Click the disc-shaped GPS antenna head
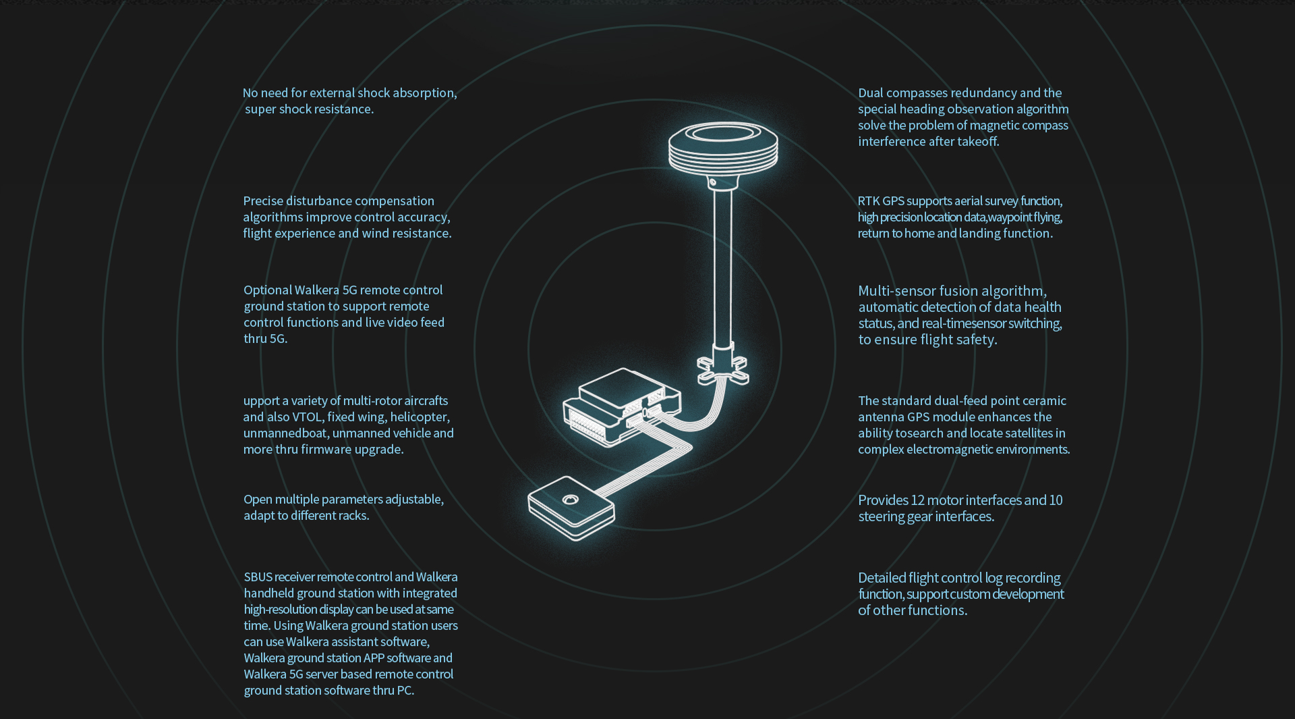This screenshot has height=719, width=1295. click(723, 147)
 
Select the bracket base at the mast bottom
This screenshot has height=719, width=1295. click(722, 368)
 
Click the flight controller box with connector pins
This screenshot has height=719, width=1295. click(622, 406)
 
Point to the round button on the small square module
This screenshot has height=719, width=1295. click(570, 500)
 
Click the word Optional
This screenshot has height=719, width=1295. click(268, 290)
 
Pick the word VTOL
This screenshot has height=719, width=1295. click(307, 417)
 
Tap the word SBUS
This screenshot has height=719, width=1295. click(258, 577)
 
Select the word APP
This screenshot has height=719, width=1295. click(374, 658)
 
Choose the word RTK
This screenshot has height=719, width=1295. click(868, 201)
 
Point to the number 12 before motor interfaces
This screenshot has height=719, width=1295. click(917, 500)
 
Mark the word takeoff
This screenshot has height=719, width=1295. click(978, 142)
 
